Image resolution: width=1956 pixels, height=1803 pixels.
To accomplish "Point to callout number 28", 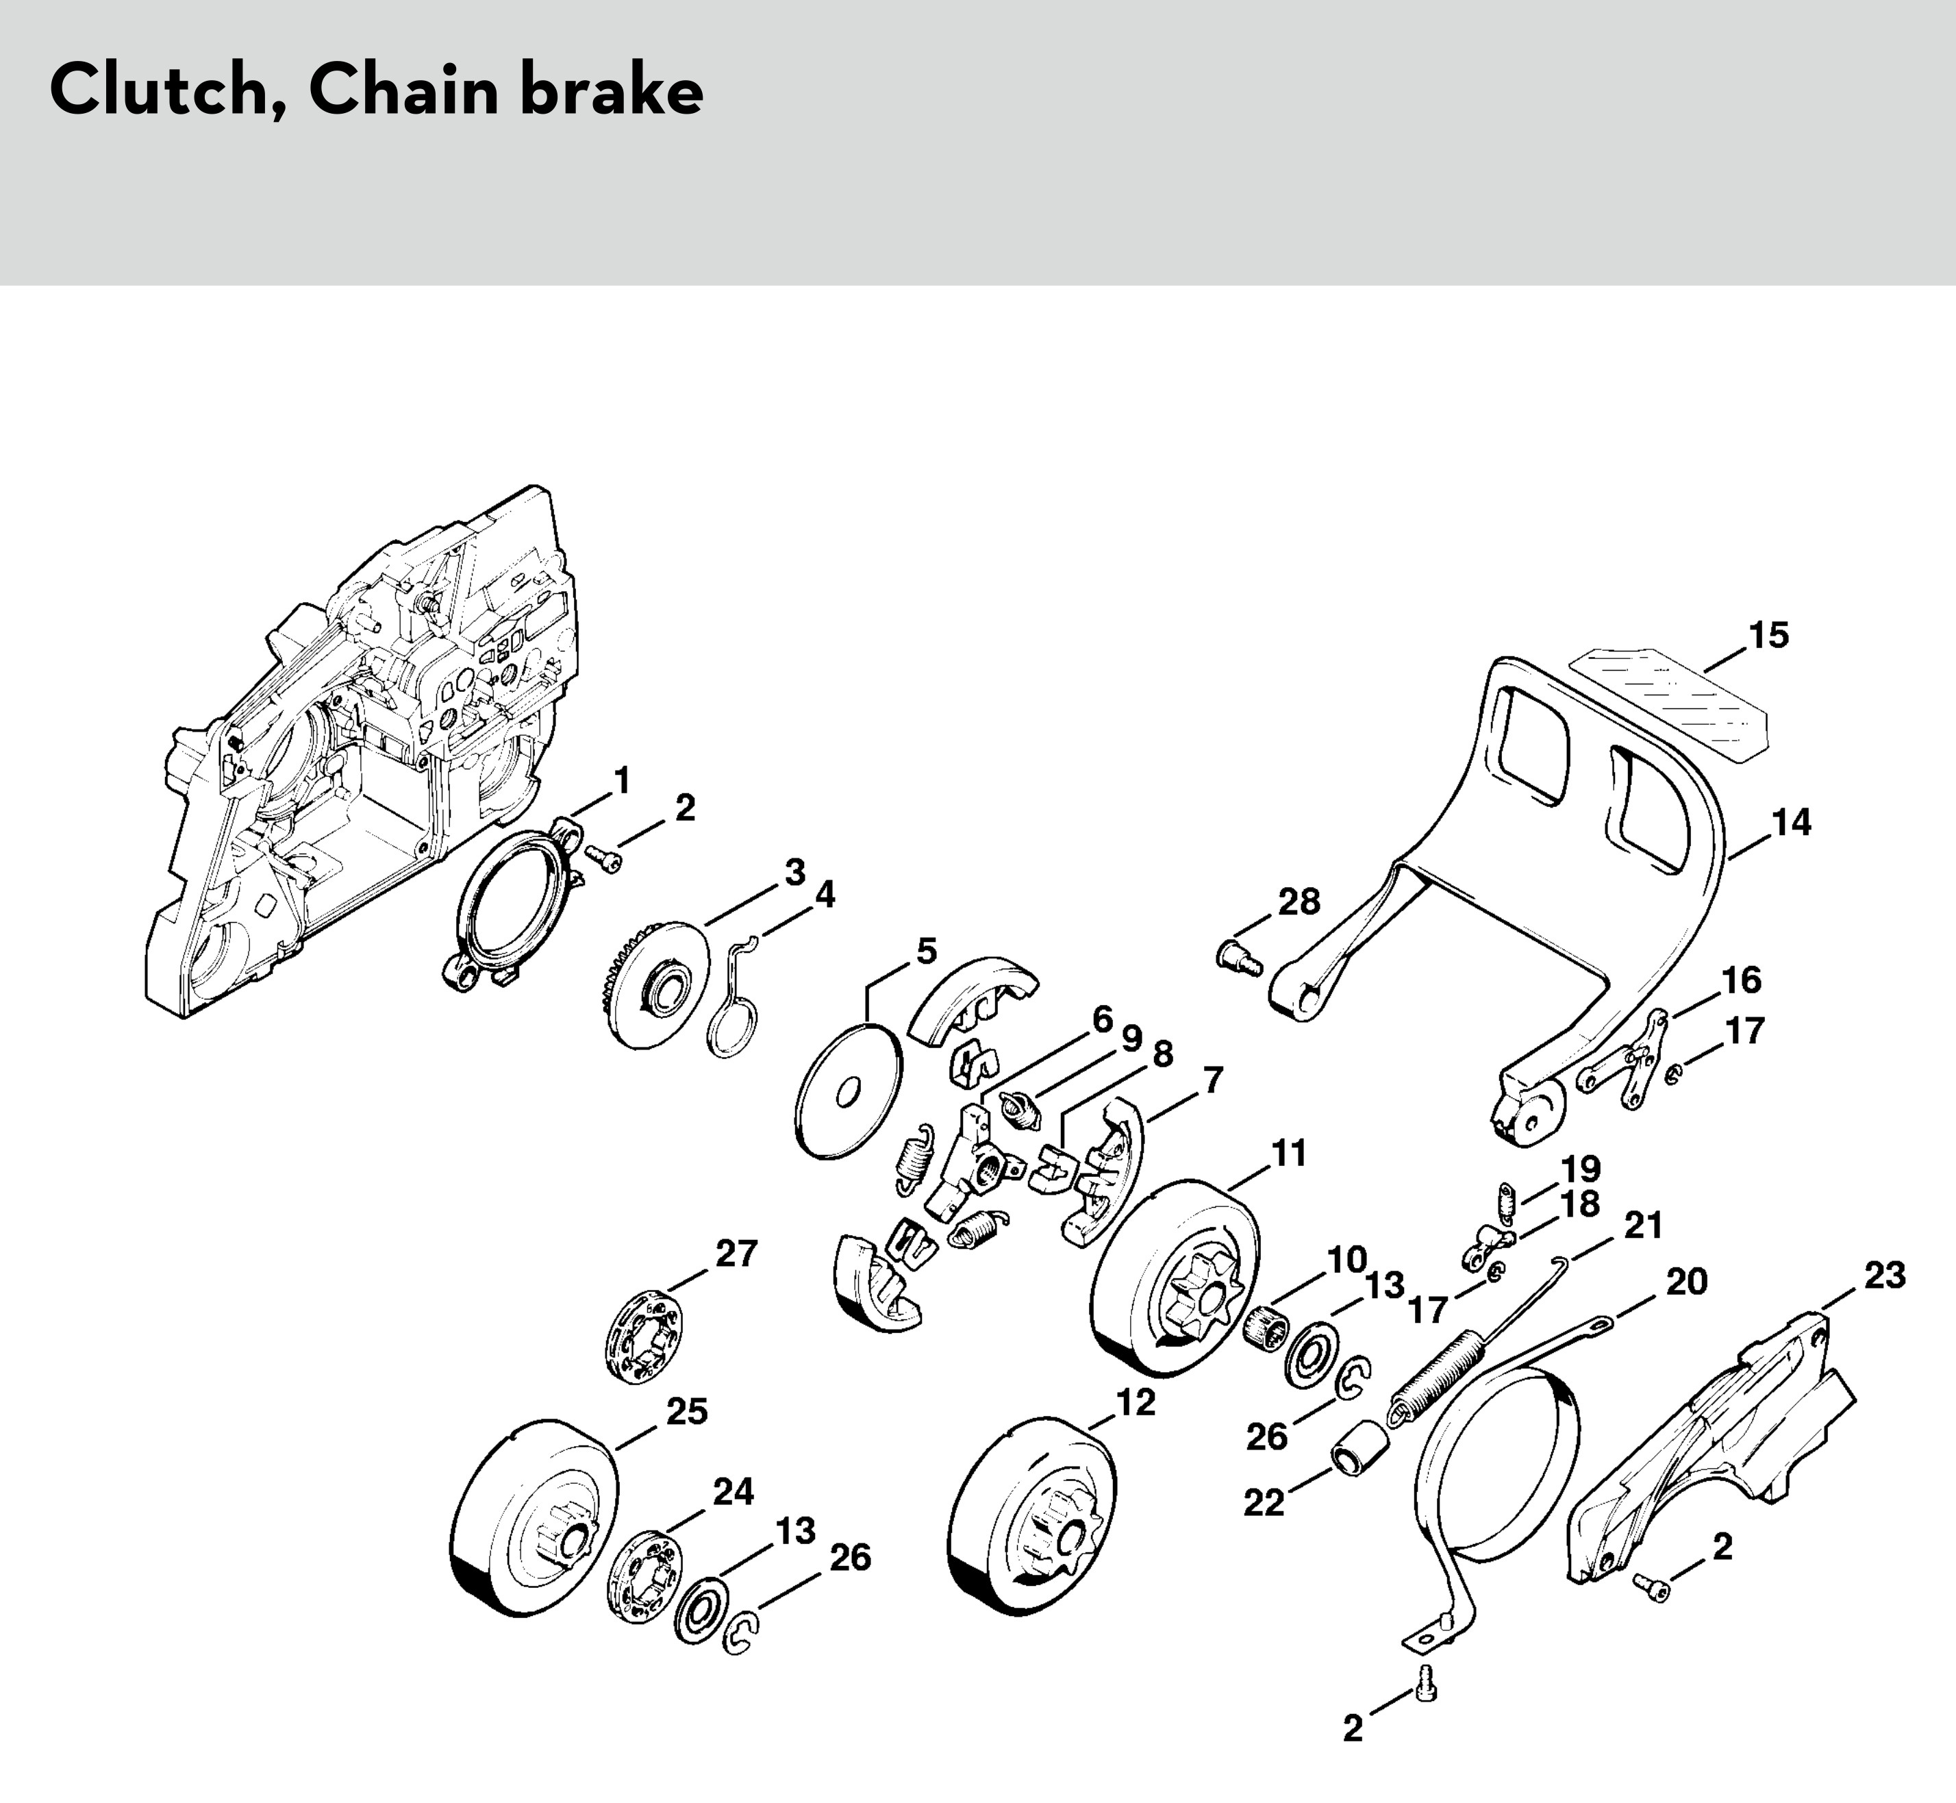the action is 1299,901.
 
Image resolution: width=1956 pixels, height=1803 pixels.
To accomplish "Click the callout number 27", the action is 736,1254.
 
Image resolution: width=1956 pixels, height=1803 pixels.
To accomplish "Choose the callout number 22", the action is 1264,1504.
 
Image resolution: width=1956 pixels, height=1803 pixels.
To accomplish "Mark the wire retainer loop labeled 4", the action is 733,997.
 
